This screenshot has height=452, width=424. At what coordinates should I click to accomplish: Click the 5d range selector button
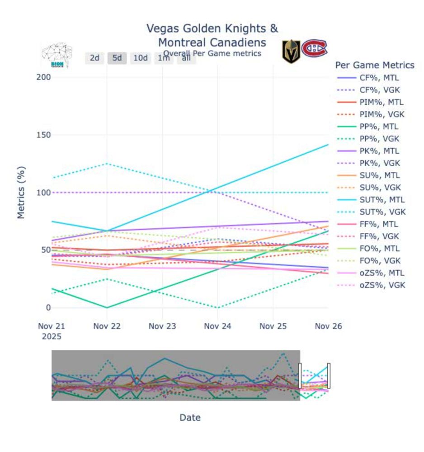pos(117,58)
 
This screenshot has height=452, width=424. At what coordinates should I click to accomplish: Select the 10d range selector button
pos(140,58)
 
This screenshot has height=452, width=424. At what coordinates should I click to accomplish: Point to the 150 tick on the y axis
pos(44,135)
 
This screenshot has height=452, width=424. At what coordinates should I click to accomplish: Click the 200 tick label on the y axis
pos(44,77)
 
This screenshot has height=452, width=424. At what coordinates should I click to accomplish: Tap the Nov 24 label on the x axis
pos(217,326)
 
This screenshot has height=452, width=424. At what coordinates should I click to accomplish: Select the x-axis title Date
pos(190,418)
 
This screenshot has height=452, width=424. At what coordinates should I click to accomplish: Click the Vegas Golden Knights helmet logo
pos(291,51)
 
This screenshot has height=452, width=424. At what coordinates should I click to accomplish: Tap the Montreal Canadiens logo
pos(315,48)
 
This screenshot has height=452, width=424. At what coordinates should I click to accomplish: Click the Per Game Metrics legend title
pos(375,65)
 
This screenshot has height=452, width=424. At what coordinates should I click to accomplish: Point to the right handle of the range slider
pos(329,376)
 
